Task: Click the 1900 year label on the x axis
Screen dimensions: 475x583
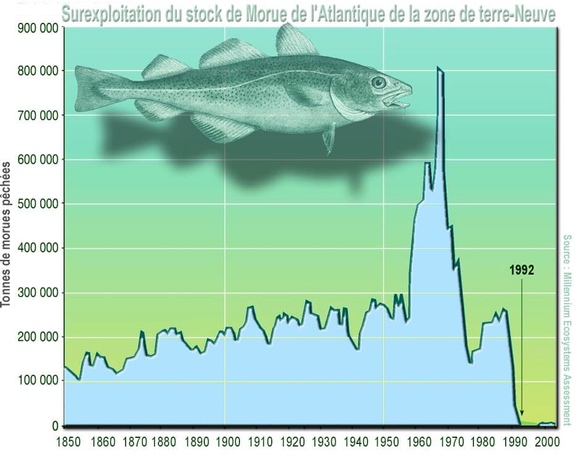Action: [225, 443]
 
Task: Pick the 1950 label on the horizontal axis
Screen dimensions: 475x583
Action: [384, 443]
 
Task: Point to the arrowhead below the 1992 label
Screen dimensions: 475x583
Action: [522, 413]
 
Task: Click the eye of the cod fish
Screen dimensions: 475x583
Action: [378, 82]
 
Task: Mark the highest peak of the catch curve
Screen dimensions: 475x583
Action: [438, 67]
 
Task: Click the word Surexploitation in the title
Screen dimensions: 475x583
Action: [110, 14]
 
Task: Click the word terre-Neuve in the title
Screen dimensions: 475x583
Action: [515, 14]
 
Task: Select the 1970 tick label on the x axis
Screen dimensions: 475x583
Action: [447, 443]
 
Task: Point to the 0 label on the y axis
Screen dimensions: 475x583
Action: [56, 426]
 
